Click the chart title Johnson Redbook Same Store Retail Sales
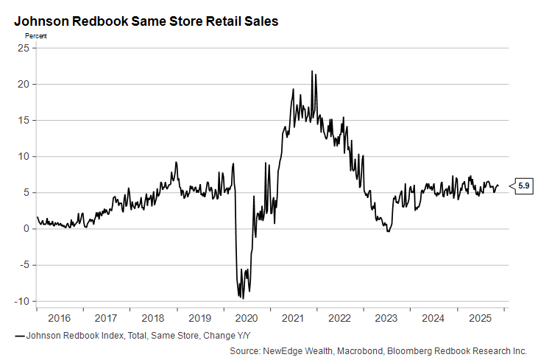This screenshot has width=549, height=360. tap(146, 21)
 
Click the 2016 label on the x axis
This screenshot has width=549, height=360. tap(58, 319)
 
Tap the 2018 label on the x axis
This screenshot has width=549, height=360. tap(152, 319)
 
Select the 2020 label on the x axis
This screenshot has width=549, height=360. tap(246, 319)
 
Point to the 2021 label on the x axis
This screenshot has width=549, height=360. tap(293, 319)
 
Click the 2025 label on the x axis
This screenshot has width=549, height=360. tap(481, 319)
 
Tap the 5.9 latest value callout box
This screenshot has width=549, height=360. tap(524, 186)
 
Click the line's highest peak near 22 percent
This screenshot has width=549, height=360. tap(312, 71)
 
